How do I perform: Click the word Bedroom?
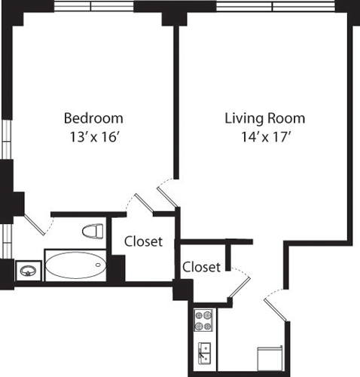(x=93, y=118)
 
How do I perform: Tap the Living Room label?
(x=264, y=118)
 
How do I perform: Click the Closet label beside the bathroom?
(x=145, y=242)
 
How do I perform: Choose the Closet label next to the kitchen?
(x=202, y=267)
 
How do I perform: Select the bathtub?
(x=75, y=265)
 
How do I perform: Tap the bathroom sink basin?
(x=29, y=269)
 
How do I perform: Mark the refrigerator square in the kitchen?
(x=269, y=358)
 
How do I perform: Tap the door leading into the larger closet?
(x=139, y=204)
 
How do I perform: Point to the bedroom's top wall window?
(x=92, y=7)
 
